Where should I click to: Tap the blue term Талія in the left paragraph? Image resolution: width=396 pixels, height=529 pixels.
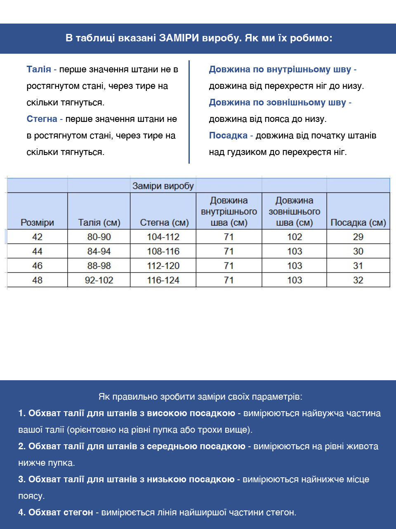pyautogui.click(x=39, y=69)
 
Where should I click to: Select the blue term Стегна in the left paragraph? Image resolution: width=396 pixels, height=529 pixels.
pyautogui.click(x=42, y=119)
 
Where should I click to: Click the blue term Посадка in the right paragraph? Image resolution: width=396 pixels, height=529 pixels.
pyautogui.click(x=228, y=136)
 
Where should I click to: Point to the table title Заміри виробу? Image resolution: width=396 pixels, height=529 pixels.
pyautogui.click(x=163, y=186)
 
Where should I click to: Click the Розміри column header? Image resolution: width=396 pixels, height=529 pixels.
pyautogui.click(x=37, y=222)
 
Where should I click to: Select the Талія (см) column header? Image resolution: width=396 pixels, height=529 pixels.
pyautogui.click(x=99, y=222)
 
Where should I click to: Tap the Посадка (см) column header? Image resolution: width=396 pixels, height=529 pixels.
pyautogui.click(x=358, y=222)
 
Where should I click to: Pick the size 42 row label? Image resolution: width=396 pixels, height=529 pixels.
pyautogui.click(x=37, y=237)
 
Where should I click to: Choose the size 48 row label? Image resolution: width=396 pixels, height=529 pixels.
pyautogui.click(x=37, y=280)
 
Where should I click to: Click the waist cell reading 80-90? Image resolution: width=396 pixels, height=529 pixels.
pyautogui.click(x=99, y=237)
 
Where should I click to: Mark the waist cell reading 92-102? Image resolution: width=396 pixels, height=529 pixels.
pyautogui.click(x=99, y=280)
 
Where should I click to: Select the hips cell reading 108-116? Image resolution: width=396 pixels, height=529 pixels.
pyautogui.click(x=163, y=251)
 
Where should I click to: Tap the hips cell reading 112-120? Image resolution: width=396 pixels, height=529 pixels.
pyautogui.click(x=163, y=266)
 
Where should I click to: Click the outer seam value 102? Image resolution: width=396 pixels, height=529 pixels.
pyautogui.click(x=295, y=237)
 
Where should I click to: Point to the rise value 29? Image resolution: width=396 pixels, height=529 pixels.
pyautogui.click(x=358, y=237)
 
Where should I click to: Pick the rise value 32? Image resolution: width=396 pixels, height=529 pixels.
pyautogui.click(x=358, y=280)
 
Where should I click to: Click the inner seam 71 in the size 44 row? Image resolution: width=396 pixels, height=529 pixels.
pyautogui.click(x=229, y=251)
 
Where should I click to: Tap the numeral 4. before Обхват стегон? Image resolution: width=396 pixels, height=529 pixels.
pyautogui.click(x=22, y=512)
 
